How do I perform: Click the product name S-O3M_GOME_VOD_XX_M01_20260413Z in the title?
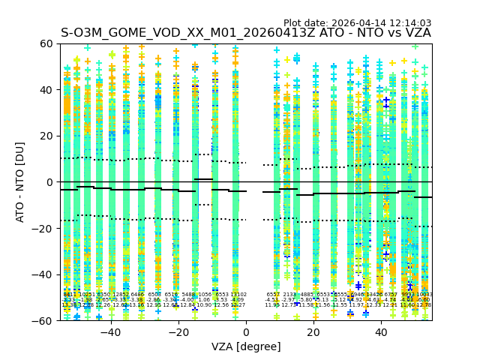190,33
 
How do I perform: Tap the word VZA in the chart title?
416,33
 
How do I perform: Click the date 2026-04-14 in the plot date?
360,23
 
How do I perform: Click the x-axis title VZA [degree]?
246,346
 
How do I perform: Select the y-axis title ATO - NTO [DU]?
20,181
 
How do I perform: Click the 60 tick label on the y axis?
47,43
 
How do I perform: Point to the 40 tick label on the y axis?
47,90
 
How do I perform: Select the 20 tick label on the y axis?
47,136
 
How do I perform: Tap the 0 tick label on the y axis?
50,182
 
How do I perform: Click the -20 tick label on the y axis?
44,228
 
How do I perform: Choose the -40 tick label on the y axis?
44,274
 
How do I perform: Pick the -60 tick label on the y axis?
44,320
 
